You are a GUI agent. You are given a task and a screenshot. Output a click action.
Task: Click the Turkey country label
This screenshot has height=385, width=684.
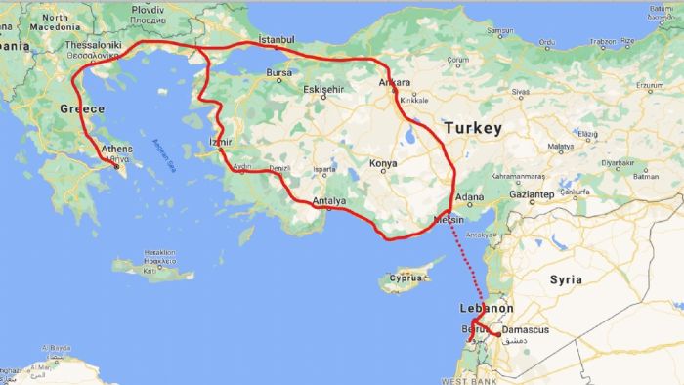pos(473,128)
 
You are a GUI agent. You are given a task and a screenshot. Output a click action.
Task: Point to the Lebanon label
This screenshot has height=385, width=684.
pos(485,308)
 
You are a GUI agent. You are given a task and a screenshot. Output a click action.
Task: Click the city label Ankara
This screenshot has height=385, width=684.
pos(395,82)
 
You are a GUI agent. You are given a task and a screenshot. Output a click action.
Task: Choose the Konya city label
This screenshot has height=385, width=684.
pos(383,163)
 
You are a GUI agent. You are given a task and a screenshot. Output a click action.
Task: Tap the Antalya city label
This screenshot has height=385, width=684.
pos(329,202)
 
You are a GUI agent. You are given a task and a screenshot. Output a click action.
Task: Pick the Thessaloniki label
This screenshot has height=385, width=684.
pos(94,45)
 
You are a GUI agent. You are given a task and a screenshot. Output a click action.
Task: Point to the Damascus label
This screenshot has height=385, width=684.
pos(525,329)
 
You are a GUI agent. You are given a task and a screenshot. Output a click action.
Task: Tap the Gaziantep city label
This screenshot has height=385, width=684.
pos(532,195)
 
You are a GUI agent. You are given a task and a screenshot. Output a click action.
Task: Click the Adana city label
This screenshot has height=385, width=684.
pos(471,196)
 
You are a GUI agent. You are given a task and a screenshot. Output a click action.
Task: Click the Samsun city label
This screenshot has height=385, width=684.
pos(499,30)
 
